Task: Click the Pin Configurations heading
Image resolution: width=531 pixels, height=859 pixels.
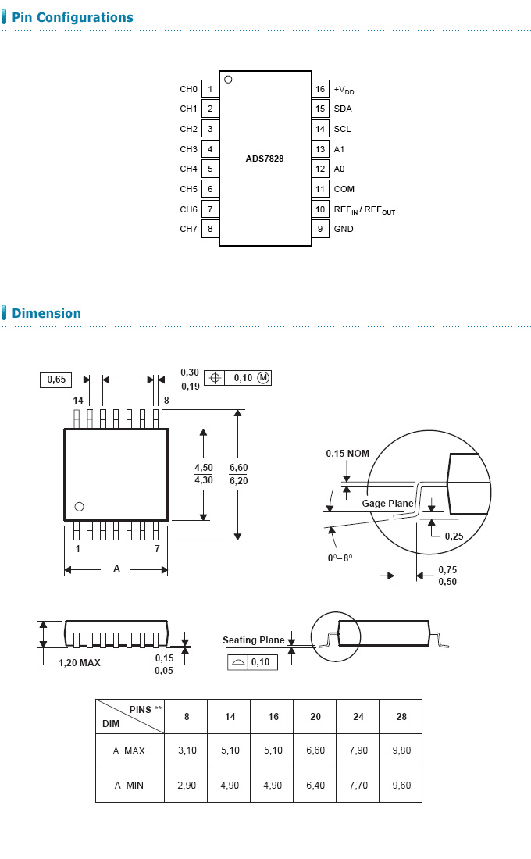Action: click(x=72, y=17)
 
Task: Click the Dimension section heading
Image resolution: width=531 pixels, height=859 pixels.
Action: click(x=46, y=313)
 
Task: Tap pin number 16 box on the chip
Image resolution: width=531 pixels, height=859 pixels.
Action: click(x=320, y=89)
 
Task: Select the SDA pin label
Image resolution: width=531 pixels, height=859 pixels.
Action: click(x=343, y=109)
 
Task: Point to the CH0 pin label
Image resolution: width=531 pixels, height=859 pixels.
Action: click(x=188, y=89)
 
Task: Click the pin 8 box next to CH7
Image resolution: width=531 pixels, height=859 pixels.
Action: click(x=210, y=229)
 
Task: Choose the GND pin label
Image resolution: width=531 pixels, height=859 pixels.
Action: click(x=344, y=229)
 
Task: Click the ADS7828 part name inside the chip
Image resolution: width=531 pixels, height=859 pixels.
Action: click(x=265, y=159)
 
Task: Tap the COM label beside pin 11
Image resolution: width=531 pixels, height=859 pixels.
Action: click(x=344, y=189)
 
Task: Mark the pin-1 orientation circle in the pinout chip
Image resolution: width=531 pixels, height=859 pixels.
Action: click(x=228, y=79)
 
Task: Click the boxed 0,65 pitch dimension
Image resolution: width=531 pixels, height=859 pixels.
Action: click(x=56, y=380)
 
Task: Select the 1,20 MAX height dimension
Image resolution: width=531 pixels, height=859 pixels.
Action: click(x=80, y=662)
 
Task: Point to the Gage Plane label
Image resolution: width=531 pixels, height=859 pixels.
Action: click(x=387, y=504)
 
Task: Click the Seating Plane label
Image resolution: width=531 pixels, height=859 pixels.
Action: click(x=253, y=640)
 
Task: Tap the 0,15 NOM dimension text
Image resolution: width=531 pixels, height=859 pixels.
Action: click(x=347, y=454)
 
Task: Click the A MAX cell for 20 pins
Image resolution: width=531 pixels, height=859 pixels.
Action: click(x=315, y=750)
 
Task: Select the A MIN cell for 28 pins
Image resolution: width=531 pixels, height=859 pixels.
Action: click(x=401, y=785)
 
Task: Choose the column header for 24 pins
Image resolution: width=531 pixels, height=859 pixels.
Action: click(x=358, y=716)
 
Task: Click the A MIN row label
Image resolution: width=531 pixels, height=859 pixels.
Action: click(x=129, y=785)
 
